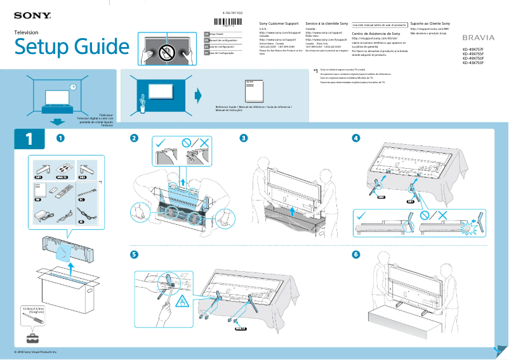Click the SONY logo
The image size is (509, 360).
pos(30,14)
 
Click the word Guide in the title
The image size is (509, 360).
pos(93,46)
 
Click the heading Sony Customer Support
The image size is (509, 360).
pos(279,23)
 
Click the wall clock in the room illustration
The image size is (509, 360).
pos(73,86)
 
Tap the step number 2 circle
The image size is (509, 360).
pos(134,138)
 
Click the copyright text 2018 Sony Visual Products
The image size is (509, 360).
pos(36,351)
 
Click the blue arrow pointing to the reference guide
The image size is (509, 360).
pos(197,95)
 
